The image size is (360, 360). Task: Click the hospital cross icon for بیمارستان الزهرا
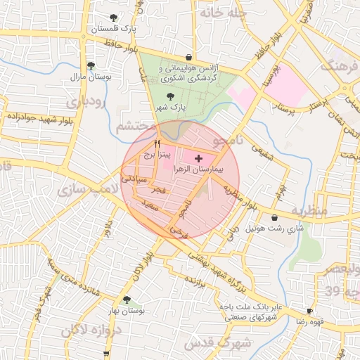pyautogui.click(x=198, y=158)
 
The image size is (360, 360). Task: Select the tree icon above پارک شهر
pyautogui.click(x=171, y=97)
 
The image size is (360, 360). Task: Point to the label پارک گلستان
pyautogui.click(x=112, y=29)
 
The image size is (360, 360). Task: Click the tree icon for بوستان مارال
pyautogui.click(x=91, y=65)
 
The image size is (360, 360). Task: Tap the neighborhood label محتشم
pyautogui.click(x=136, y=127)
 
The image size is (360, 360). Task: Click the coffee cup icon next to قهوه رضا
pyautogui.click(x=309, y=311)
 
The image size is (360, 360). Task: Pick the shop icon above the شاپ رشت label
pyautogui.click(x=274, y=218)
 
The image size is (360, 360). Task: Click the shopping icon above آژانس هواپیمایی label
pyautogui.click(x=188, y=58)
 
